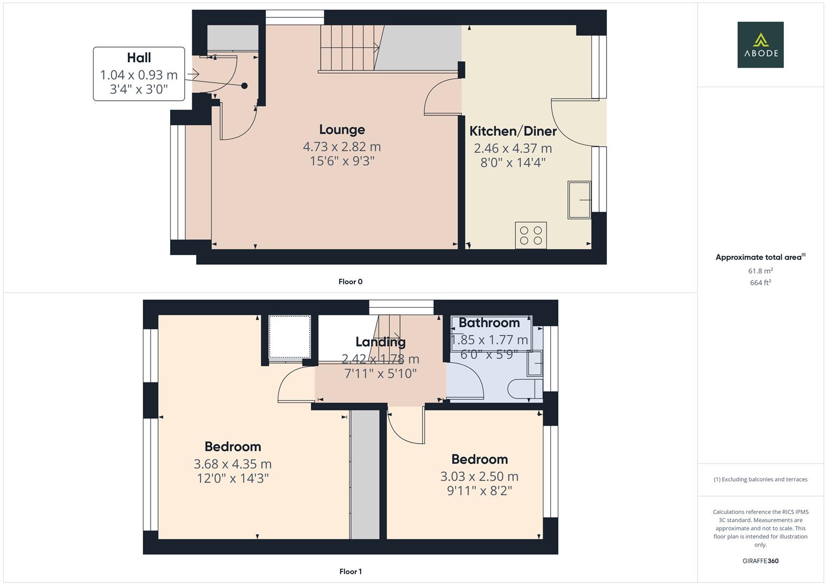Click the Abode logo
point(760,44)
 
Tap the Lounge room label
point(342,129)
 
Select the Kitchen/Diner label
point(513,131)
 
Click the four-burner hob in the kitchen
point(531,235)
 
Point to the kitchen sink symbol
point(579,200)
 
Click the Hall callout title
point(139,58)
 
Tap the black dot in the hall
point(244,86)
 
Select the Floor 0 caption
point(350,282)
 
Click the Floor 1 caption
point(350,571)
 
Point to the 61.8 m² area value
point(760,271)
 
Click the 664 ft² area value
point(760,283)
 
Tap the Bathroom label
point(489,323)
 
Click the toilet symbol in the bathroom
point(525,388)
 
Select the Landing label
point(380,342)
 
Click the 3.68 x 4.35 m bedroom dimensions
point(232,464)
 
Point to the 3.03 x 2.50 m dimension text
point(479,477)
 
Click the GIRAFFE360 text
point(760,561)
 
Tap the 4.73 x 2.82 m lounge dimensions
point(342,147)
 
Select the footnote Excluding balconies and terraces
point(760,479)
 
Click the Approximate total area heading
point(760,257)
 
